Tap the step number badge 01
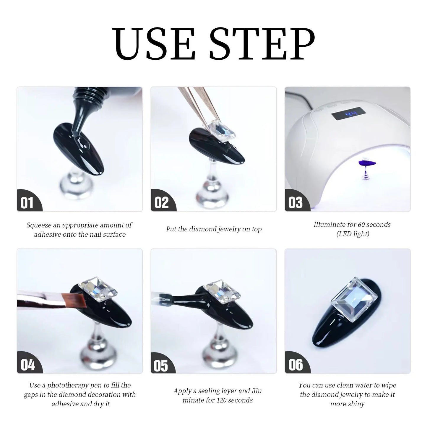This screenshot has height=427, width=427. pos(27,203)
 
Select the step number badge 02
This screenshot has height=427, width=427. pos(161,203)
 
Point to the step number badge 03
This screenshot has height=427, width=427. pos(295,203)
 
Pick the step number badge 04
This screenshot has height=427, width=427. pos(27,365)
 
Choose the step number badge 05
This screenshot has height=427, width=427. pos(161,366)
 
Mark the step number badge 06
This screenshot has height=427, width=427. pos(296,365)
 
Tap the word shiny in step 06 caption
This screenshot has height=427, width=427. pos(356,404)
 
